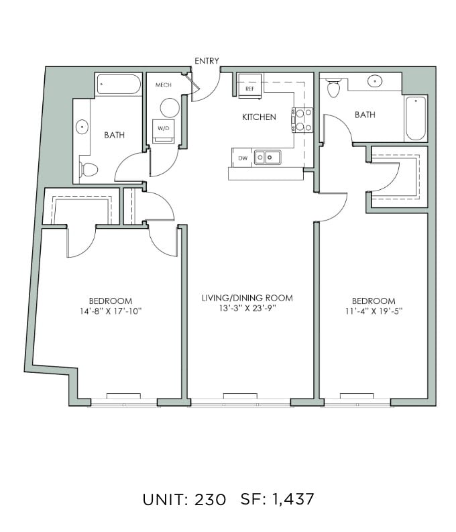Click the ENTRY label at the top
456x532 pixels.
tap(207, 61)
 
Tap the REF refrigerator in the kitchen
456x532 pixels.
tap(249, 86)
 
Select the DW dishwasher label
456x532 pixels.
tap(243, 158)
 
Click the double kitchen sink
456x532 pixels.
tap(268, 158)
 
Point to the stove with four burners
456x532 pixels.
tap(302, 120)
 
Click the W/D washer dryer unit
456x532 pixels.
tap(163, 131)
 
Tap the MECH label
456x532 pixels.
tap(164, 85)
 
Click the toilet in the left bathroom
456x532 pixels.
tap(89, 169)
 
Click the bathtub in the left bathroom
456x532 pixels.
tap(119, 84)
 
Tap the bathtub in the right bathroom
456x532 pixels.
tap(416, 118)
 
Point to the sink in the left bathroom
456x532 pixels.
tap(82, 127)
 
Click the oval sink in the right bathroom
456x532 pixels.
tap(375, 81)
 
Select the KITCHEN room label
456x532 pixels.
tap(259, 117)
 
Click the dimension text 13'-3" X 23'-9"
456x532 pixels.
tap(247, 309)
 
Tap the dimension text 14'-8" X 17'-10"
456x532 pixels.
tap(111, 311)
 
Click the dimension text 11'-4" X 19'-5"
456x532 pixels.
tap(374, 311)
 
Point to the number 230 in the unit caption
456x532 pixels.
tap(210, 499)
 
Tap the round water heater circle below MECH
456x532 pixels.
tap(170, 108)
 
